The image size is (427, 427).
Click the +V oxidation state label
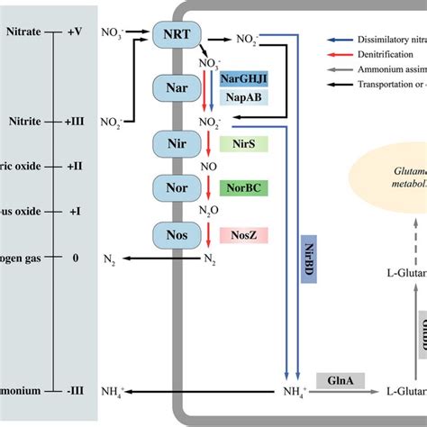[x=76, y=29]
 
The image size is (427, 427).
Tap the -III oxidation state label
[x=76, y=393]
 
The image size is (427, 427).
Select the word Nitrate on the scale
[x=22, y=29]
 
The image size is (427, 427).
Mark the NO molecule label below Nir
[x=209, y=167]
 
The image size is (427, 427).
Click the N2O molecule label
[x=209, y=212]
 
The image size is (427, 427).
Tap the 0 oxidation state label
[x=76, y=258]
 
